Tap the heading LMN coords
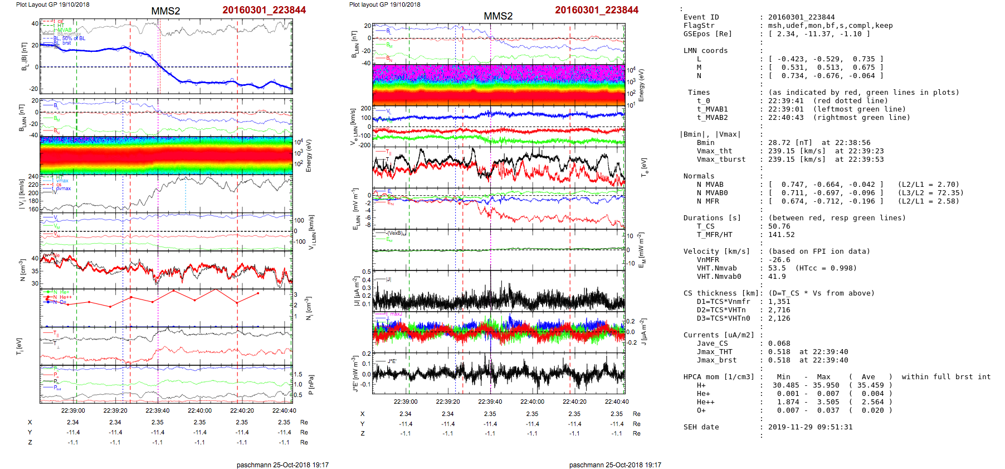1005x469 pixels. point(705,51)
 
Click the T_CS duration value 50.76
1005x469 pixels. point(779,226)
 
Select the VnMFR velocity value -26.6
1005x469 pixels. point(779,260)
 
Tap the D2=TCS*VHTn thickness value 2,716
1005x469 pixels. point(779,310)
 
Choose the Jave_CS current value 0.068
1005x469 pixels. point(779,344)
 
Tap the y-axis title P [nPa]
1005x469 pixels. point(311,385)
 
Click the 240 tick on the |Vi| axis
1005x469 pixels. point(33,177)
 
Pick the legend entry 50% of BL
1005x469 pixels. point(74,38)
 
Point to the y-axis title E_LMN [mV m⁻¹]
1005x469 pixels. point(355,209)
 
